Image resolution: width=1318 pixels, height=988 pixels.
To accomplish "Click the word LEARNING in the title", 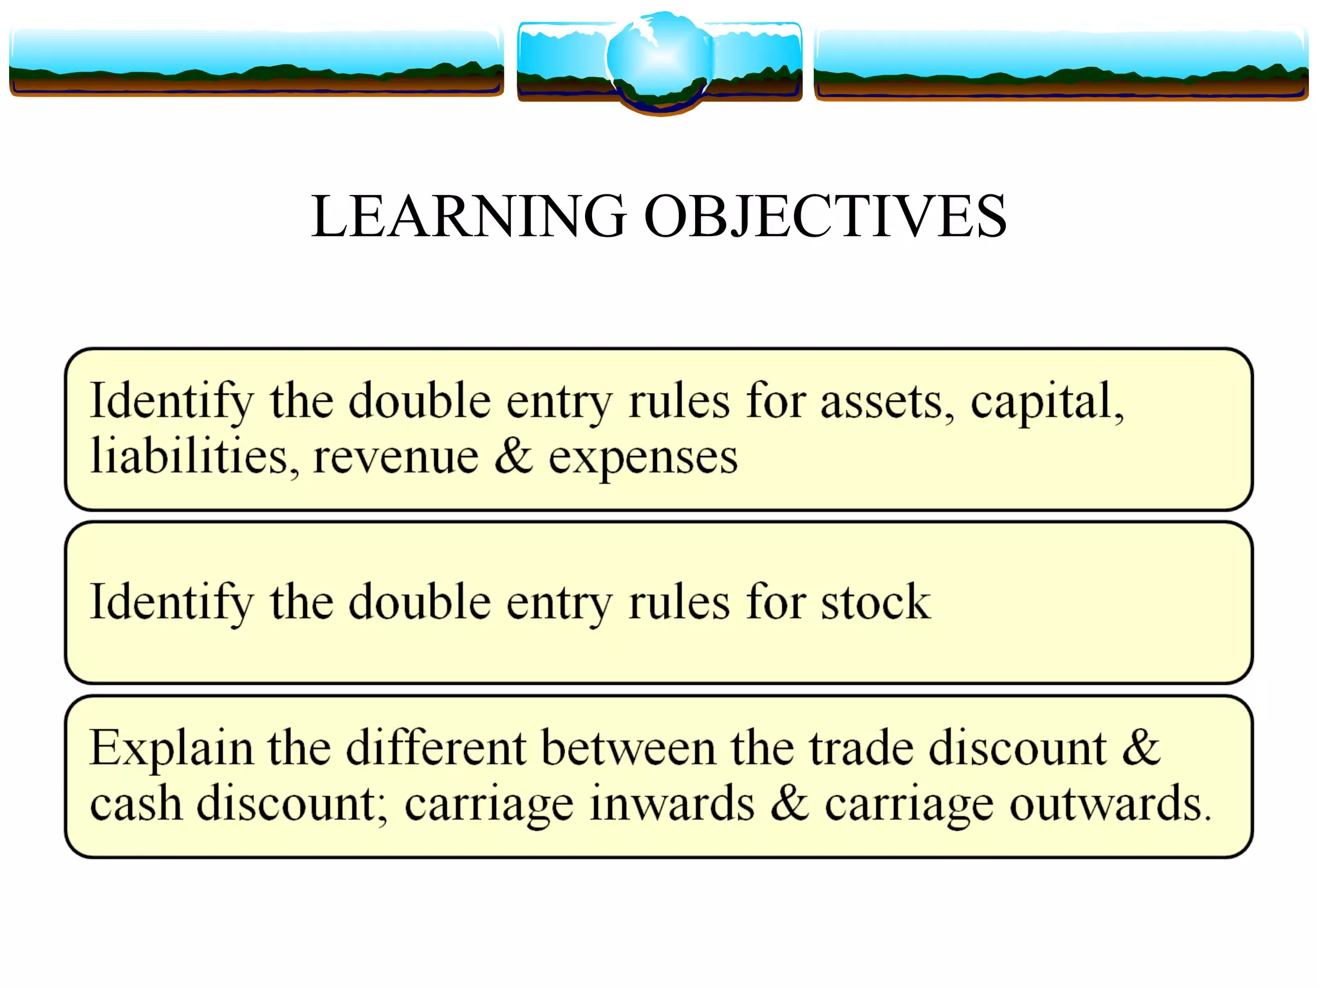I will (x=469, y=216).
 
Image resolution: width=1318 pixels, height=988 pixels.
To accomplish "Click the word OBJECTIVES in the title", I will (x=825, y=216).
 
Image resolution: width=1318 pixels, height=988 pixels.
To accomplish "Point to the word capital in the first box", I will (x=1046, y=401).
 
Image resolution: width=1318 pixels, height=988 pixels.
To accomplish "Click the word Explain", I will (x=171, y=749).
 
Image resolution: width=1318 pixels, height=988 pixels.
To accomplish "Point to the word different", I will (x=436, y=747).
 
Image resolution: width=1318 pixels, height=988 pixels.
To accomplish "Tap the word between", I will (x=628, y=747).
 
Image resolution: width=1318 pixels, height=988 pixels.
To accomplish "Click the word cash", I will (x=136, y=804).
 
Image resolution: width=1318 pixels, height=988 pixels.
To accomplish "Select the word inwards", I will (x=671, y=804).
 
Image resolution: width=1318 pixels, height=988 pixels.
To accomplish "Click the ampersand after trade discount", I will (x=1141, y=747).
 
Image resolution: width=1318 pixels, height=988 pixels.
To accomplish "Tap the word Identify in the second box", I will (x=172, y=602).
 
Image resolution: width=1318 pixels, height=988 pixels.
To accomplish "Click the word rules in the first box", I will (x=678, y=401).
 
